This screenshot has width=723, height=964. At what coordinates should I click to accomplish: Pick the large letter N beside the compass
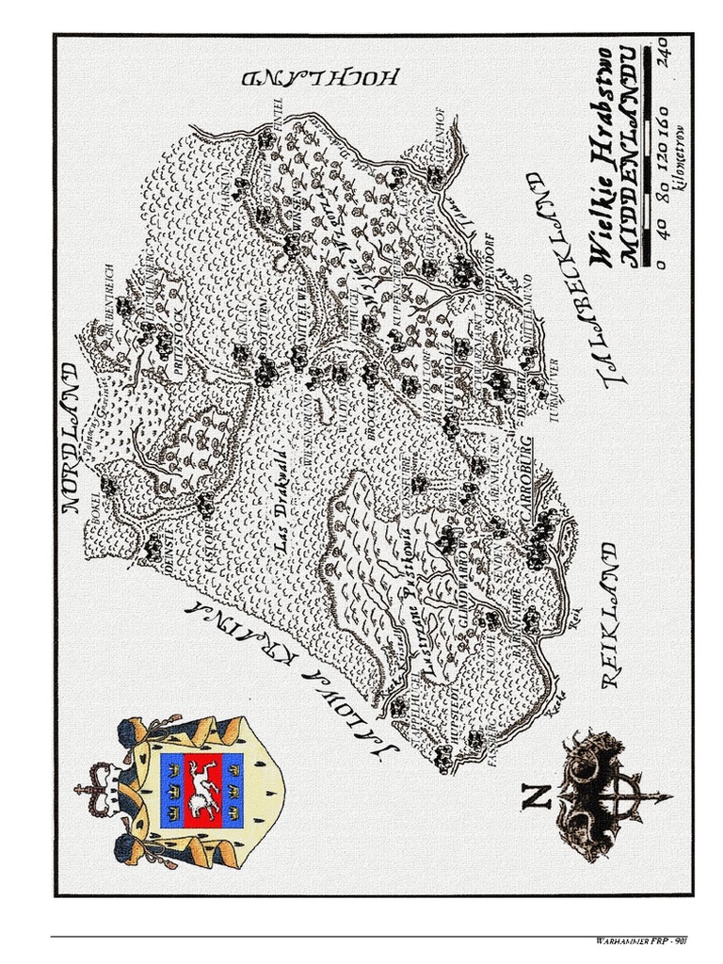536,798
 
